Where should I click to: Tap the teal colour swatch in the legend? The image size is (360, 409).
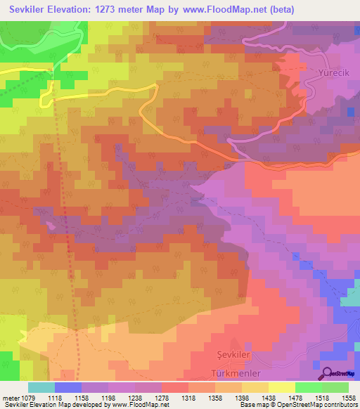point(41,387)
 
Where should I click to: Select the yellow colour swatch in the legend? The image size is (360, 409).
point(282,387)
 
